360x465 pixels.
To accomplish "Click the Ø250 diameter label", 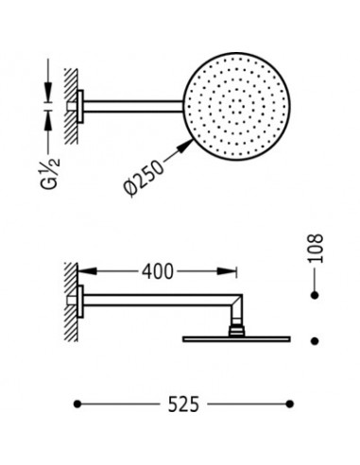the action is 144,179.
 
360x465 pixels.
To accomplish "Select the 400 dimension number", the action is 157,271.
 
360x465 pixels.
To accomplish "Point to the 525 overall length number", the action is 183,405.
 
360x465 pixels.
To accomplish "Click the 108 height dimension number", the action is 316,249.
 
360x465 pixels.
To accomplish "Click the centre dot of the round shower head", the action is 236,107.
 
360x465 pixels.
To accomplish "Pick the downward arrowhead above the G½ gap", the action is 48,92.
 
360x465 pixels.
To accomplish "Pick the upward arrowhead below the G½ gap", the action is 48,120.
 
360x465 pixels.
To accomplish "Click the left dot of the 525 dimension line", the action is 77,404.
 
